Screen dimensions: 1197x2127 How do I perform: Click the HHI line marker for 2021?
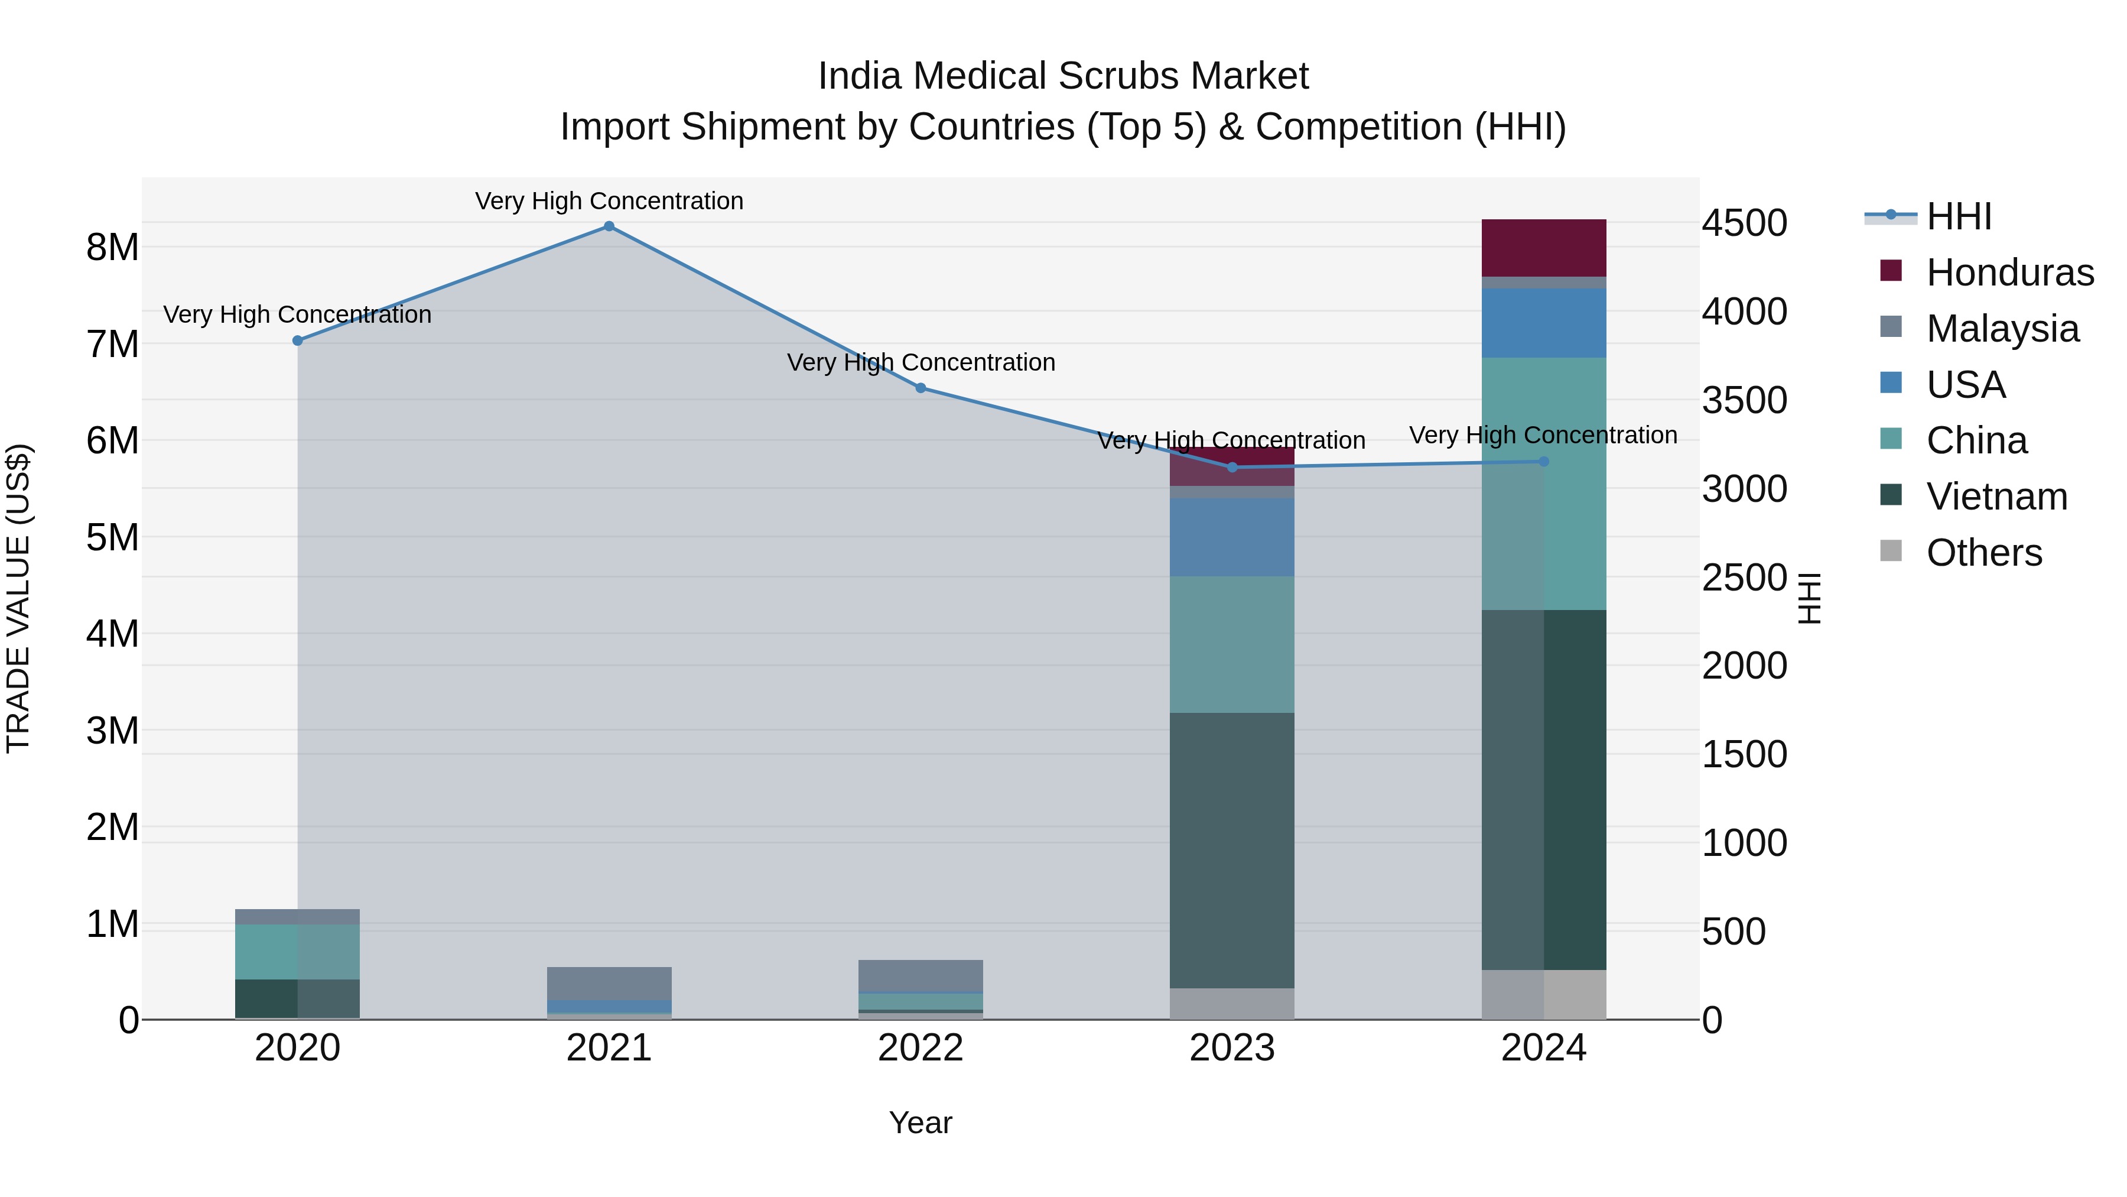(609, 226)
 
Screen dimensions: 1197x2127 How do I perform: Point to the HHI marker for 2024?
(1544, 462)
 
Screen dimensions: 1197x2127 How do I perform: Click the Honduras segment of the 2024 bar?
(1543, 248)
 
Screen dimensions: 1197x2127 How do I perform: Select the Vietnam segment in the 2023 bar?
(1232, 851)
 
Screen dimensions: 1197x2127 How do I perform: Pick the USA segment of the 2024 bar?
(1543, 323)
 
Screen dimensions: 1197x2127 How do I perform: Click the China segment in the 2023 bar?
(1232, 644)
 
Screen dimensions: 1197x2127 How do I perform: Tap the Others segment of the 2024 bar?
(1543, 995)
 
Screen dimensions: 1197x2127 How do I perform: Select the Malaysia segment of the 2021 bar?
(609, 983)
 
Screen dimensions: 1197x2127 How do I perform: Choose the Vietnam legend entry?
(1996, 497)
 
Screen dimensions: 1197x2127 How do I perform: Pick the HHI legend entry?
(1958, 216)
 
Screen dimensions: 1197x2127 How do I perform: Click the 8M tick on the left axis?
(112, 248)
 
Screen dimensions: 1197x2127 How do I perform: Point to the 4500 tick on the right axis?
(1744, 223)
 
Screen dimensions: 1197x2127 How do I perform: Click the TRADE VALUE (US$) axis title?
(18, 598)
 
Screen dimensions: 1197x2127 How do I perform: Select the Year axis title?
(920, 1123)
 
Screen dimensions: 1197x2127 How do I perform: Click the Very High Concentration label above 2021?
(609, 201)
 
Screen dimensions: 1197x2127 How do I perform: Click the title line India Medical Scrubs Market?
(1063, 76)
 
